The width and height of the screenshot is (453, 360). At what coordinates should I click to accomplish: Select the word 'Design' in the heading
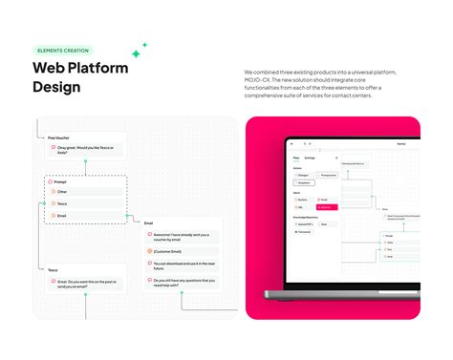click(x=56, y=87)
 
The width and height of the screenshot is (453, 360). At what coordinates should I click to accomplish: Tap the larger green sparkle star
click(x=136, y=53)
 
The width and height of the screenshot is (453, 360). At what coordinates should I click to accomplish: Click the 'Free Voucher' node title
click(x=59, y=137)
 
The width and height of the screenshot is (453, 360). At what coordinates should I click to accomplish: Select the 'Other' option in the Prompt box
click(x=63, y=191)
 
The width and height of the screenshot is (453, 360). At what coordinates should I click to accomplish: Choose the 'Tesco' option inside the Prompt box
click(x=63, y=203)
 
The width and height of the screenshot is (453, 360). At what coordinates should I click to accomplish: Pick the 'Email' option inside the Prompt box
click(x=63, y=216)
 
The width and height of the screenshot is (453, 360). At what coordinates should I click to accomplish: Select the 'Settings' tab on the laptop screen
click(x=311, y=157)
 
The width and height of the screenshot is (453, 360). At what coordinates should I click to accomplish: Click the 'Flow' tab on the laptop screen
click(x=296, y=157)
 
